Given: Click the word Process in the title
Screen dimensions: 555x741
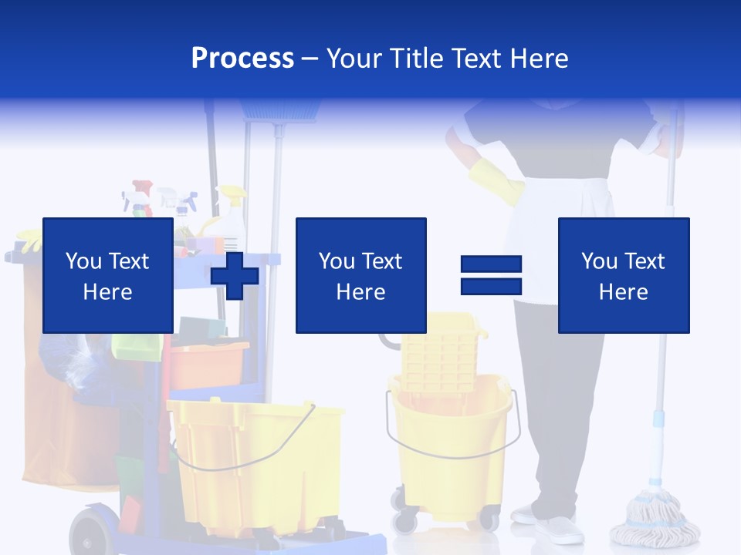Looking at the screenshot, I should click(x=242, y=59).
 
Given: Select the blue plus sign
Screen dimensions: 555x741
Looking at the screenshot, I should click(x=235, y=275).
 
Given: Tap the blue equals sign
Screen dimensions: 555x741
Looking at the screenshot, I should click(x=491, y=275).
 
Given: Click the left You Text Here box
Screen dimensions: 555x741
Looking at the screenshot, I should click(x=107, y=275).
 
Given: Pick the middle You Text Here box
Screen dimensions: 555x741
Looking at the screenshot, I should click(x=360, y=275).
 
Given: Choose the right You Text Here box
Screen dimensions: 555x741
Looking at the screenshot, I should click(x=623, y=275).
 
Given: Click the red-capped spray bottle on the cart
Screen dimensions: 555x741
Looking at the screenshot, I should click(x=142, y=197).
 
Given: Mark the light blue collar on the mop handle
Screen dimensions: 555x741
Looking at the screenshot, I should click(x=658, y=419).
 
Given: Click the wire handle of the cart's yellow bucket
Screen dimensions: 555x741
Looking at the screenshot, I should click(x=255, y=455).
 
